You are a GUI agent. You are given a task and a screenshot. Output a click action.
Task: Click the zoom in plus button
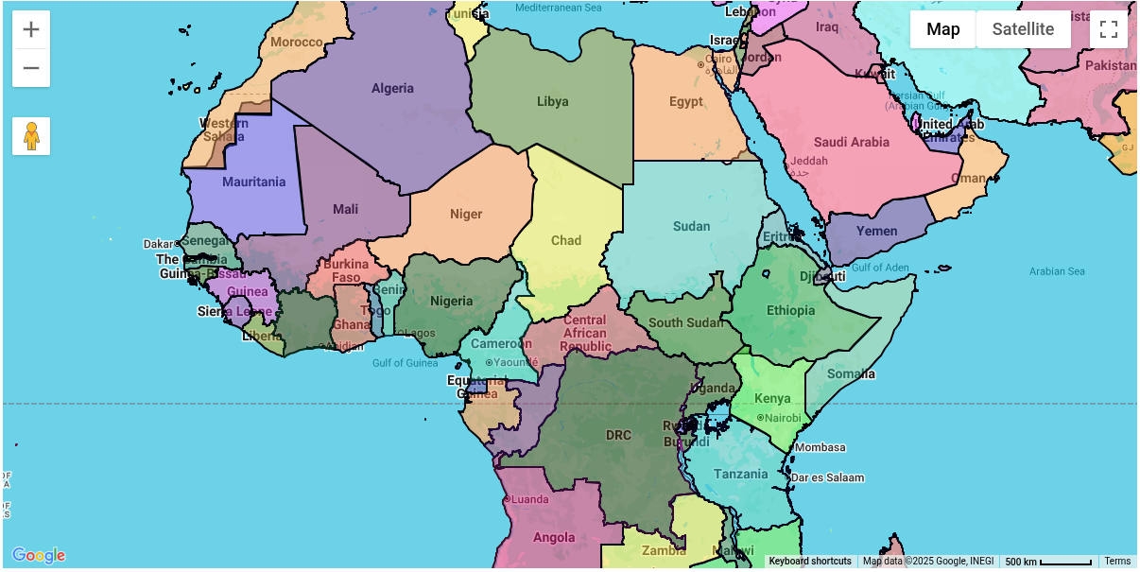pyautogui.click(x=31, y=29)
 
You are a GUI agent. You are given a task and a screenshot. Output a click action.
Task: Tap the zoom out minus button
pyautogui.click(x=31, y=68)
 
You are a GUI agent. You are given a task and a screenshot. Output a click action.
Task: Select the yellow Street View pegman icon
pyautogui.click(x=31, y=136)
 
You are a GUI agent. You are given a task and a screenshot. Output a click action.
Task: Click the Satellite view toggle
pyautogui.click(x=1023, y=29)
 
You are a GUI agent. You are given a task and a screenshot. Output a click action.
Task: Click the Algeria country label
pyautogui.click(x=392, y=88)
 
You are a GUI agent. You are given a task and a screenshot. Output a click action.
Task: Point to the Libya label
pyautogui.click(x=553, y=101)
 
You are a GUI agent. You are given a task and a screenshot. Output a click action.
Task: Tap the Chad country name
pyautogui.click(x=566, y=240)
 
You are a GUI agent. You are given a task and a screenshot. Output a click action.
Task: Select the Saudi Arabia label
pyautogui.click(x=852, y=142)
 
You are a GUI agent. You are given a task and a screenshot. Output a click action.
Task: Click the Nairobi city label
pyautogui.click(x=782, y=418)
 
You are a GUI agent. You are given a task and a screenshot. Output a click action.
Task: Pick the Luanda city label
pyautogui.click(x=529, y=499)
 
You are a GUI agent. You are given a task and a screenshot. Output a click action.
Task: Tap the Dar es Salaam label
pyautogui.click(x=827, y=477)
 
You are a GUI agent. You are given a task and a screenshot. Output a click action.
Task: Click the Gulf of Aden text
pyautogui.click(x=880, y=268)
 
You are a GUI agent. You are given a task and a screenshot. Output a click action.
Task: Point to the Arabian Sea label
pyautogui.click(x=1057, y=271)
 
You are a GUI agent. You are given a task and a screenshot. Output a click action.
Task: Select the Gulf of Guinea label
pyautogui.click(x=405, y=363)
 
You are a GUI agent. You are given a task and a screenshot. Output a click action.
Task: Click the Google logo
pyautogui.click(x=39, y=555)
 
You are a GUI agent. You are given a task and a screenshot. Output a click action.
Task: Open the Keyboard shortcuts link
pyautogui.click(x=809, y=562)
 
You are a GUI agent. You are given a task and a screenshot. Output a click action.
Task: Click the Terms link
pyautogui.click(x=1117, y=562)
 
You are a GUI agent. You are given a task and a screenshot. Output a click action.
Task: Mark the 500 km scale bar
pyautogui.click(x=1047, y=562)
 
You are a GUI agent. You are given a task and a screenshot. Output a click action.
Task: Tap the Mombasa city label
pyautogui.click(x=820, y=447)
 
